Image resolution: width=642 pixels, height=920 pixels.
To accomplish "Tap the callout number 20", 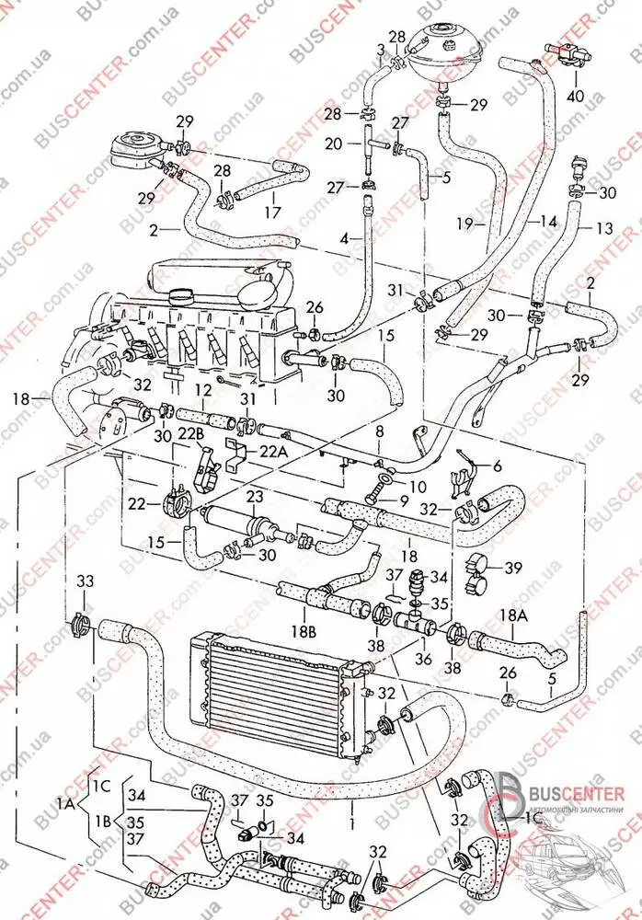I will point(333,144).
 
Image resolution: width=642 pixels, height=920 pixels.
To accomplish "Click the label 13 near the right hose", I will point(603,228).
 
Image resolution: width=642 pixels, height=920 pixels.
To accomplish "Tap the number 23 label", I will point(254,495).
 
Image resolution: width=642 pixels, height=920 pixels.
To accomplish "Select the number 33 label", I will point(85,581).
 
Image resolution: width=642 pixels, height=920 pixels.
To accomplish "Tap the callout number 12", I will point(201,390).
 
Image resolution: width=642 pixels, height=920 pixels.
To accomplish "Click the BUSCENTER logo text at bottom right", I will point(576,789).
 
